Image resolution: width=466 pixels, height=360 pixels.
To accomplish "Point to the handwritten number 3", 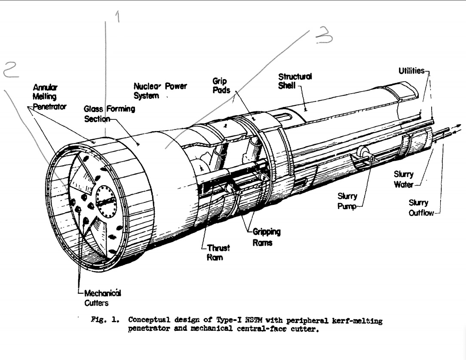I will [324, 36].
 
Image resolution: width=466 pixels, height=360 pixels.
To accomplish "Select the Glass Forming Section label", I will [109, 113].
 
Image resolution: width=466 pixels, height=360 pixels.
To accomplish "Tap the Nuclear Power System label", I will [159, 91].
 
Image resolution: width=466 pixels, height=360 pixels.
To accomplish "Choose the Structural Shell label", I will [295, 81].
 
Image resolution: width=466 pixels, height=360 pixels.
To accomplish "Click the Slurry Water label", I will [404, 179].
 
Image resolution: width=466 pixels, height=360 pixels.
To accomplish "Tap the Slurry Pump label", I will [347, 201].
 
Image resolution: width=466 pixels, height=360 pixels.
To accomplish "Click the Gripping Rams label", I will [267, 237].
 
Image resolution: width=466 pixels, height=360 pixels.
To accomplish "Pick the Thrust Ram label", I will [218, 252].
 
